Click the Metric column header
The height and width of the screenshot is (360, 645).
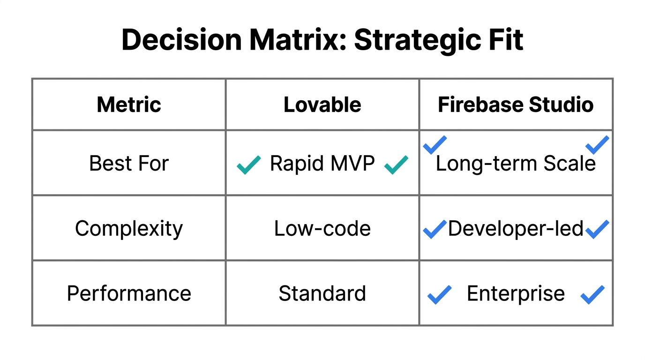pos(129,105)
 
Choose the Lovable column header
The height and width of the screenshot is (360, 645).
pos(322,105)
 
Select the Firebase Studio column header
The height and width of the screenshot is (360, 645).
pos(516,105)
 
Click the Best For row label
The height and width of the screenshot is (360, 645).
pos(129,164)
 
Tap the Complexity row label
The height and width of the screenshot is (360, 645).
pos(129,229)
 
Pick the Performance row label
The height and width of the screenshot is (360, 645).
pos(129,293)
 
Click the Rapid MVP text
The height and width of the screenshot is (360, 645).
pos(322,164)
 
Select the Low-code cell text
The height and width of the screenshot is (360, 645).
pos(322,229)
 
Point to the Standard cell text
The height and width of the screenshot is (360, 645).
pos(322,293)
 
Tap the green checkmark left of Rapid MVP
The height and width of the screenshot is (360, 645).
pos(248,165)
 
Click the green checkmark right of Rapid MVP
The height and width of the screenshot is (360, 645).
pos(396,165)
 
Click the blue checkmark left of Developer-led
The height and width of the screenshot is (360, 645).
pos(434,229)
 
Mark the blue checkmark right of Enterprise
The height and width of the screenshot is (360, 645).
pos(592,294)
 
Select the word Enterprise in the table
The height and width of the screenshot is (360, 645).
pos(516,293)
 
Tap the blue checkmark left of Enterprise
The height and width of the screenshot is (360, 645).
pos(439,294)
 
